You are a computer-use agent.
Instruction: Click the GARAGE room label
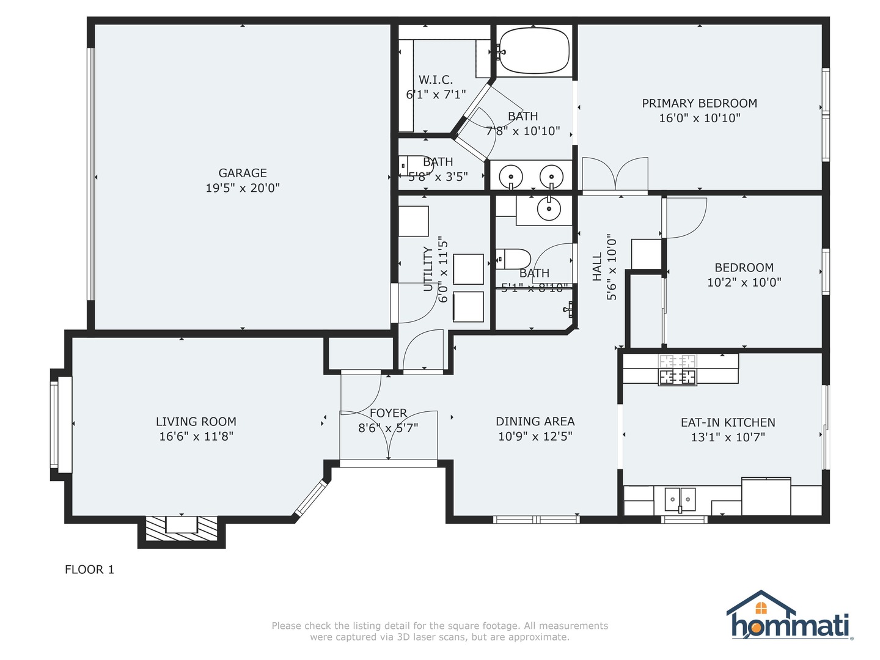[243, 173]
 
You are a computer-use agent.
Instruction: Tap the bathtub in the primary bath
[534, 51]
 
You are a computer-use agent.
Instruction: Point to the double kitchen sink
[680, 499]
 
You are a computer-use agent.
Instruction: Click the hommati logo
[789, 615]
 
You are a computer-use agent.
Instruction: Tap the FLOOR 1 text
[89, 570]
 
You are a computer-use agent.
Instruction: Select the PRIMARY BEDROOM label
[700, 103]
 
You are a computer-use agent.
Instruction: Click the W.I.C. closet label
[436, 79]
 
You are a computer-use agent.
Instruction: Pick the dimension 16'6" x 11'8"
[196, 436]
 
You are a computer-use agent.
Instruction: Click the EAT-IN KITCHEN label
[728, 422]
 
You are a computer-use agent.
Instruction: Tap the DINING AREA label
[535, 421]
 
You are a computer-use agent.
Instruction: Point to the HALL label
[597, 266]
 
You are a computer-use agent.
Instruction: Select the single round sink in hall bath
[549, 209]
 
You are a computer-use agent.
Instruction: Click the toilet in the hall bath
[513, 259]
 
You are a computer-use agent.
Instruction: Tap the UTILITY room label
[428, 269]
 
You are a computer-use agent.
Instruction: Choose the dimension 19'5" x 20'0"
[243, 188]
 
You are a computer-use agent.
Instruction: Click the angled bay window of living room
[310, 498]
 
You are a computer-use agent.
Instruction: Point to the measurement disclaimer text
[440, 631]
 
